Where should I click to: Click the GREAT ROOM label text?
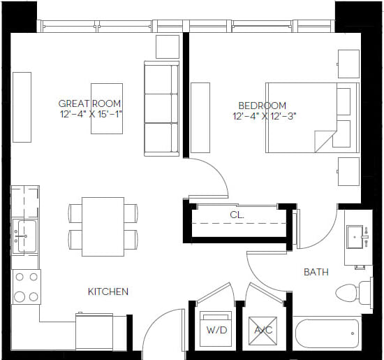point(90,103)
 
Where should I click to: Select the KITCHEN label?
point(108,291)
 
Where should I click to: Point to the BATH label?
point(316,271)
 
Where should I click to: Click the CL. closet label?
point(237,215)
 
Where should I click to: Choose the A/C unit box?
point(263,329)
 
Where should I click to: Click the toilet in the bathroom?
point(353,291)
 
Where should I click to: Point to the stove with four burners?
point(26,286)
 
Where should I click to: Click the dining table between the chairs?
point(103,226)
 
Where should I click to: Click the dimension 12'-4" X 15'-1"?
point(90,114)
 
